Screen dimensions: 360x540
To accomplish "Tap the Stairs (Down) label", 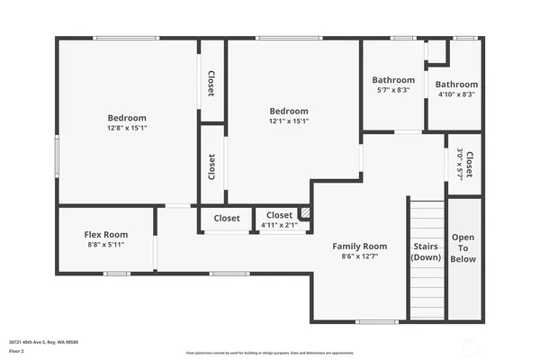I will [426, 251].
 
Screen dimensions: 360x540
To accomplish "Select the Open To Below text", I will [463, 247].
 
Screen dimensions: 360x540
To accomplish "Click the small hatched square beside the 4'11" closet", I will [304, 213].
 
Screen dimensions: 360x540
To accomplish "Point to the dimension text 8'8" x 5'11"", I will [106, 245].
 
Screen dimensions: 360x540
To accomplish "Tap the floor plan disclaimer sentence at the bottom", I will [269, 352].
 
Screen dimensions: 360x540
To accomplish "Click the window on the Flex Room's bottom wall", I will [116, 273].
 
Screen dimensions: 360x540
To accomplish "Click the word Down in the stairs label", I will [426, 257].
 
